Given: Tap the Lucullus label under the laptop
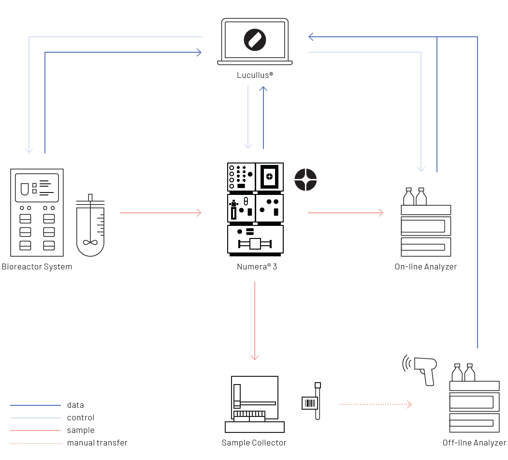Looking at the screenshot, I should pyautogui.click(x=255, y=75).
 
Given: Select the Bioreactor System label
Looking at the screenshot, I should pyautogui.click(x=37, y=267).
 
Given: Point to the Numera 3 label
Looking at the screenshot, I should pyautogui.click(x=257, y=267).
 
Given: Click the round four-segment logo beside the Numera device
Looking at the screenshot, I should pyautogui.click(x=305, y=179).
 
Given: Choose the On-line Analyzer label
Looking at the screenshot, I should pyautogui.click(x=425, y=267).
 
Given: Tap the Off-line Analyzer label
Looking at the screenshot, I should pyautogui.click(x=474, y=443).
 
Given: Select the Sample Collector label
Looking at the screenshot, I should pyautogui.click(x=254, y=443).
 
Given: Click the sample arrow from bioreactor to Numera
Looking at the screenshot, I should pyautogui.click(x=160, y=212).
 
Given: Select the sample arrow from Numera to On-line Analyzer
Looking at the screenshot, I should pyautogui.click(x=345, y=212).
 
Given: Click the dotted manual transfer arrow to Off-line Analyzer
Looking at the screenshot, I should pyautogui.click(x=375, y=404).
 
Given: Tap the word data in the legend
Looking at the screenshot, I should pyautogui.click(x=75, y=405).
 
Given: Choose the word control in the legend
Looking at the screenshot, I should pyautogui.click(x=81, y=417).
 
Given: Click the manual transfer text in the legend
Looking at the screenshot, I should pyautogui.click(x=97, y=443).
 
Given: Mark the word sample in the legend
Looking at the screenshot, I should pyautogui.click(x=81, y=430).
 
